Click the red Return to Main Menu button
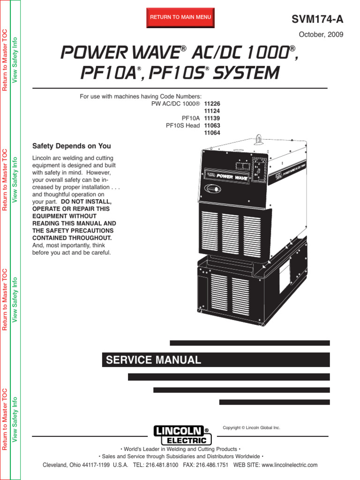pyautogui.click(x=180, y=17)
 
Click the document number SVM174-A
pyautogui.click(x=317, y=19)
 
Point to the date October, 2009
pyautogui.click(x=321, y=34)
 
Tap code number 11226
pyautogui.click(x=212, y=103)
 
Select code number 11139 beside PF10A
pyautogui.click(x=212, y=118)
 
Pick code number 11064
pyautogui.click(x=212, y=133)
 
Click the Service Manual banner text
pyautogui.click(x=154, y=360)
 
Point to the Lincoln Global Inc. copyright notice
pyautogui.click(x=251, y=427)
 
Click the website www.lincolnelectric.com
pyautogui.click(x=289, y=465)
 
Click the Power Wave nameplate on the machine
pyautogui.click(x=231, y=177)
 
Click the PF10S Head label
pyautogui.click(x=183, y=126)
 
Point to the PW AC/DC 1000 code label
pyautogui.click(x=176, y=103)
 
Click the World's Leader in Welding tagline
pyautogui.click(x=180, y=449)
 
